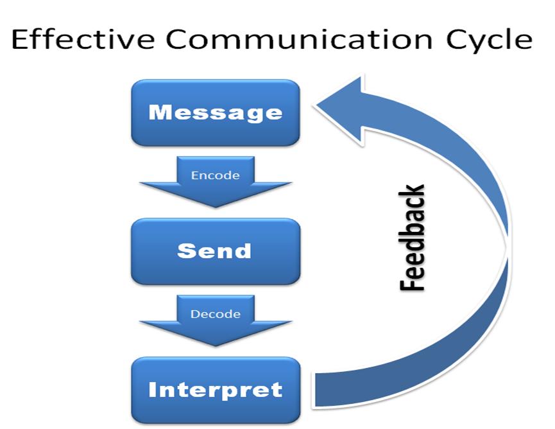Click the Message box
[216, 113]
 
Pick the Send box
[216, 251]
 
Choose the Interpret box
[216, 390]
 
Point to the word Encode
[216, 175]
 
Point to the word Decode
[216, 314]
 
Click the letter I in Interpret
[152, 389]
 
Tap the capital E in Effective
[20, 40]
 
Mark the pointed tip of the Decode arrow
[216, 345]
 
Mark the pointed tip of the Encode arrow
[216, 206]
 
